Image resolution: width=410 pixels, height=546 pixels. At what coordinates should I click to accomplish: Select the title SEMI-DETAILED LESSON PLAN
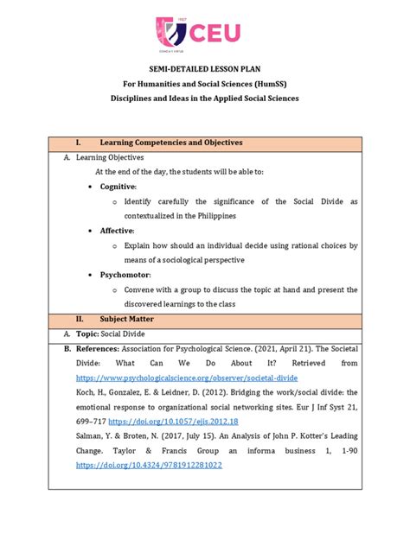206,79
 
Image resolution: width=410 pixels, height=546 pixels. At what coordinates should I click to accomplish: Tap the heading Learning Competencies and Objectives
171,142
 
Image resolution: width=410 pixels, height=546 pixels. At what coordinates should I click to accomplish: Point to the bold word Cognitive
118,186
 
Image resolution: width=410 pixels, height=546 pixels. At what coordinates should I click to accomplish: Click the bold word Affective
117,231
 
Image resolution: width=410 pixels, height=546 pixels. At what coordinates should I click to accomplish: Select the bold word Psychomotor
124,275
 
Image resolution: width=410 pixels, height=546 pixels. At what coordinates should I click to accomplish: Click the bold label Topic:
90,333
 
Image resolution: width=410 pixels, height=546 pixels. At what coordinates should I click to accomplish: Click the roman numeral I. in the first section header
79,142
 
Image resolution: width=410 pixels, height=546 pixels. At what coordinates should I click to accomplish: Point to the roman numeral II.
80,319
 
